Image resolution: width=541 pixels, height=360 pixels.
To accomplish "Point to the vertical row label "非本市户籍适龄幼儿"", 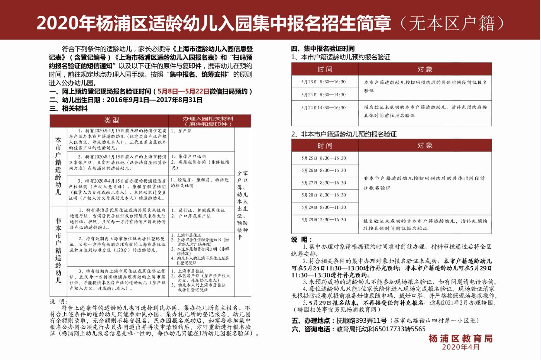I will [58, 250].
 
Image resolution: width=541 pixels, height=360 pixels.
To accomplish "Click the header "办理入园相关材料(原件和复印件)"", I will [208, 121].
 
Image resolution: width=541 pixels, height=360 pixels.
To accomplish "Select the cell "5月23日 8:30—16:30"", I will [324, 82].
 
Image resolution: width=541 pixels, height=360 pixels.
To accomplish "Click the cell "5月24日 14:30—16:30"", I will [324, 108].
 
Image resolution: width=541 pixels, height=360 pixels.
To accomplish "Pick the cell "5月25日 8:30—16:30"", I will [324, 158].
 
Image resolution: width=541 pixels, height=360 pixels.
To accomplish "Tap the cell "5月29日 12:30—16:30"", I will [324, 220].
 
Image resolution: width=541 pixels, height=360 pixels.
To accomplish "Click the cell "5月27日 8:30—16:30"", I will [324, 183].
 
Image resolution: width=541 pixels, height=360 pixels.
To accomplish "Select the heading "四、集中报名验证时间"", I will [323, 48].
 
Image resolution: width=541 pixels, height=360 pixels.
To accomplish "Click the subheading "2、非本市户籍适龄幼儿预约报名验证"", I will [344, 134].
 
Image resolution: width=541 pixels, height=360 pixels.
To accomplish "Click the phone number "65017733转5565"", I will [400, 329].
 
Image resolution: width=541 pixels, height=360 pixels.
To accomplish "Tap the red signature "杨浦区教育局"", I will [461, 338].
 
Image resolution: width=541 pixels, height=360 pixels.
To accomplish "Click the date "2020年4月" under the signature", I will [461, 347].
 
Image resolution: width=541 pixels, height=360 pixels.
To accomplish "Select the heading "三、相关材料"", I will [68, 109].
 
